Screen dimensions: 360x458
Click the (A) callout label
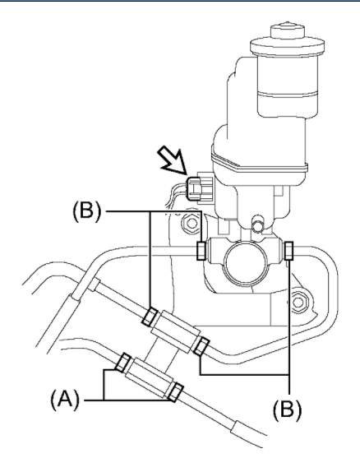click(x=65, y=400)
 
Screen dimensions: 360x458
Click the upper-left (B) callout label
click(x=87, y=210)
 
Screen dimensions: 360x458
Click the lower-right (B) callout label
click(x=288, y=409)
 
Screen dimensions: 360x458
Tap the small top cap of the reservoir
click(x=288, y=30)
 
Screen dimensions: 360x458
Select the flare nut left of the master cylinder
click(x=201, y=251)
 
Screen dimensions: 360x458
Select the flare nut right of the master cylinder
click(x=288, y=251)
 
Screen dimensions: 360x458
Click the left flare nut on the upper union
click(x=150, y=317)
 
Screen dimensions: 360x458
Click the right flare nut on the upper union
click(x=201, y=346)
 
